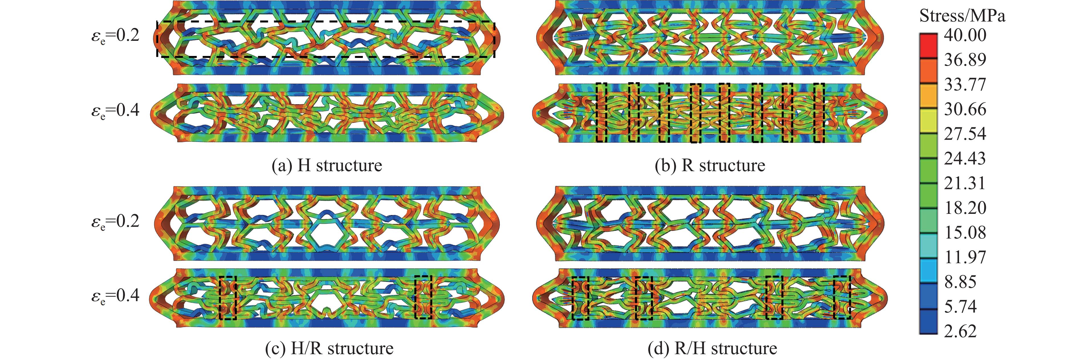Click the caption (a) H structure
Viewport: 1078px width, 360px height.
[327, 165]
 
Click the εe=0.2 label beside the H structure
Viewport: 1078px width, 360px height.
[116, 36]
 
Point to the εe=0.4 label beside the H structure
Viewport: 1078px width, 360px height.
[116, 111]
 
